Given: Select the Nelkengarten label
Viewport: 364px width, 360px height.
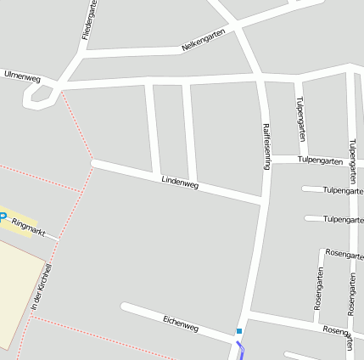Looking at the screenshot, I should [204, 40].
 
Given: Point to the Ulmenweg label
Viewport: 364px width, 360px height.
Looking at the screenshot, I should [22, 76].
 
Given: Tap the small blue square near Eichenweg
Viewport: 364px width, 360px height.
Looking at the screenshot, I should [239, 331].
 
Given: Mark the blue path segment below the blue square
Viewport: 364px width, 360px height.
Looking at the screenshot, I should [241, 349].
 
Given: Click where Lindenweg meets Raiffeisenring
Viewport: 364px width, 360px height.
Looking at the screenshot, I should [260, 200].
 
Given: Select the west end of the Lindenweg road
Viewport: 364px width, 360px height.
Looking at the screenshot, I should [95, 162].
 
